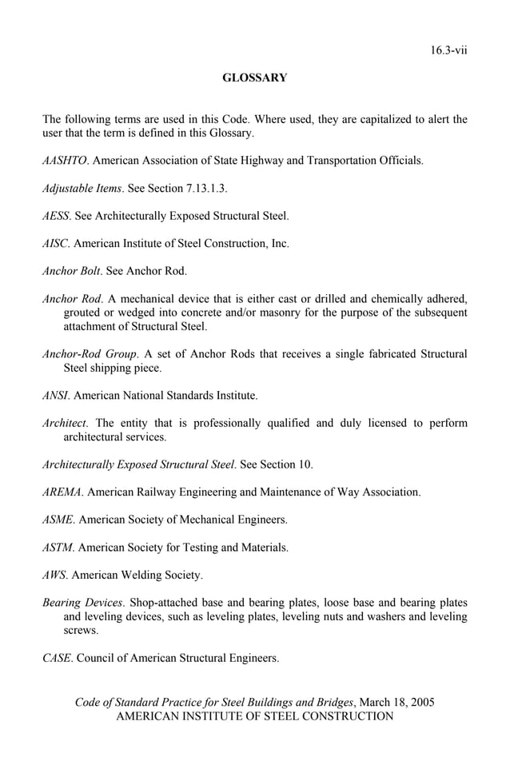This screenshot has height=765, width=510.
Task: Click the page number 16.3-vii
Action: (x=448, y=50)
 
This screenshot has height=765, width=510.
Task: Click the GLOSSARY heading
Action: (x=254, y=78)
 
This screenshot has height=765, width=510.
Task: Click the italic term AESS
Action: (x=56, y=216)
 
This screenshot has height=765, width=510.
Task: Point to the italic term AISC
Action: (x=55, y=243)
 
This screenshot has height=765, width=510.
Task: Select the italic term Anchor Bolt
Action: (x=71, y=271)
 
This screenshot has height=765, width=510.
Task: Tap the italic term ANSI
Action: (x=56, y=395)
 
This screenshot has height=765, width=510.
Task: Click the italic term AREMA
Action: (x=62, y=492)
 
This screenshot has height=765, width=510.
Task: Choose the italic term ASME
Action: (x=58, y=520)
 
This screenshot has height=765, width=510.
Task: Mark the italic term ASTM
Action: (x=58, y=548)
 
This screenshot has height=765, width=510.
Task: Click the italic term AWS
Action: (x=54, y=575)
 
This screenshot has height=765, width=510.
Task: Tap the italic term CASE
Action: (x=57, y=659)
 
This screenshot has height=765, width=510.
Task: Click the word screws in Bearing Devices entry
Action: (x=81, y=631)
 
